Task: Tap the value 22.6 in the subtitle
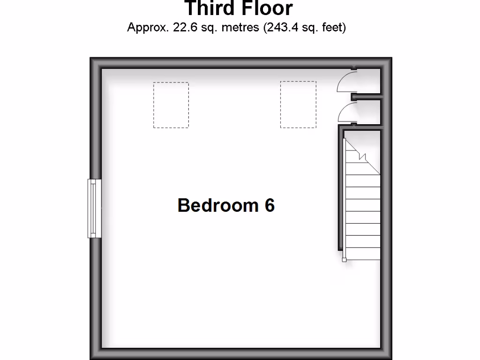[184, 28]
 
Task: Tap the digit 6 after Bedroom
[269, 205]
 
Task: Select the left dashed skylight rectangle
[171, 105]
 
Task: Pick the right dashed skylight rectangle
[298, 105]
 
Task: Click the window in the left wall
[94, 208]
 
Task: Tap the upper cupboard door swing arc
[346, 81]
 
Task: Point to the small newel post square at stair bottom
[345, 259]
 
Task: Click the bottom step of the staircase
[363, 254]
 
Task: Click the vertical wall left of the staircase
[340, 187]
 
